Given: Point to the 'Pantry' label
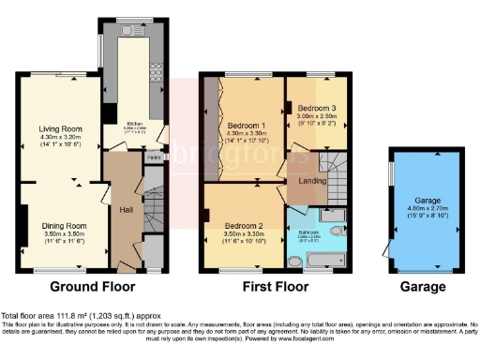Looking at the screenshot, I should tap(151, 157).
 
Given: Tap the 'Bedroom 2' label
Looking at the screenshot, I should tap(242, 225).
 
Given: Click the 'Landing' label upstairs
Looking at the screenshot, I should tap(311, 180).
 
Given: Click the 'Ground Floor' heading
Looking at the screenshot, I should tap(92, 287).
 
